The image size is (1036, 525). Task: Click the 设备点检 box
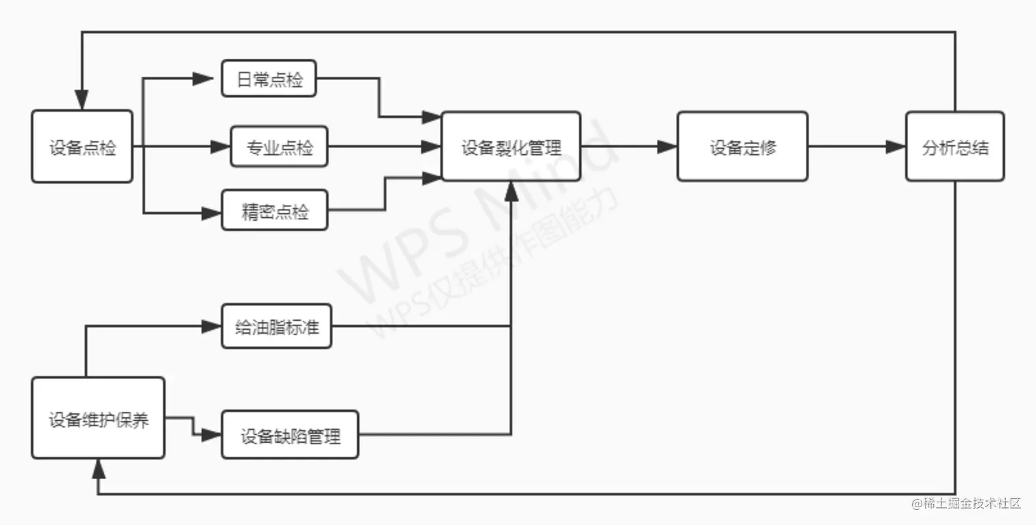pyautogui.click(x=82, y=147)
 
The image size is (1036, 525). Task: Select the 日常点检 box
pyautogui.click(x=269, y=78)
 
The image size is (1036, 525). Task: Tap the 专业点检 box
pyautogui.click(x=279, y=146)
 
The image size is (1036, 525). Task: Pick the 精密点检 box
pyautogui.click(x=274, y=210)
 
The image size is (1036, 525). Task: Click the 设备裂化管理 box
pyautogui.click(x=511, y=147)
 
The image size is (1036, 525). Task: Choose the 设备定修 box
pyautogui.click(x=743, y=147)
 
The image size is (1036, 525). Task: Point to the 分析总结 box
pyautogui.click(x=954, y=147)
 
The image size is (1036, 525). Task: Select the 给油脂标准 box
pyautogui.click(x=277, y=326)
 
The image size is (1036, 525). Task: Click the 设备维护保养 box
pyautogui.click(x=98, y=418)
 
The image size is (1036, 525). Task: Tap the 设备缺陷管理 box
pyautogui.click(x=290, y=435)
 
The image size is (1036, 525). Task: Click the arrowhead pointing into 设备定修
pyautogui.click(x=667, y=147)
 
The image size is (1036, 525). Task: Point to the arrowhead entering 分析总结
pyautogui.click(x=896, y=147)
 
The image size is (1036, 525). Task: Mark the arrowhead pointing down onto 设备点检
pyautogui.click(x=82, y=101)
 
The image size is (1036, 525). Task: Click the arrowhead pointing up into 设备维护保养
pyautogui.click(x=98, y=468)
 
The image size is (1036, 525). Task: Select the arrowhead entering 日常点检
pyautogui.click(x=203, y=78)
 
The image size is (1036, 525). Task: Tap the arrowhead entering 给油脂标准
pyautogui.click(x=210, y=326)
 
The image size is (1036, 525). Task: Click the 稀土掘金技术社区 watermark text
pyautogui.click(x=965, y=504)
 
